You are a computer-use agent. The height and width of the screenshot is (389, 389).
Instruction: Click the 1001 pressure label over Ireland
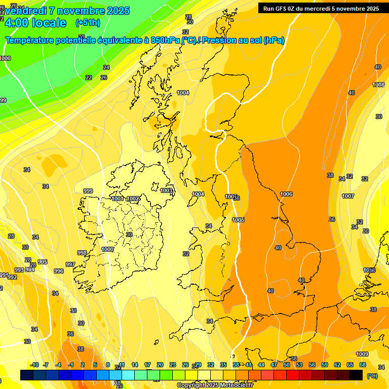pos(118,199)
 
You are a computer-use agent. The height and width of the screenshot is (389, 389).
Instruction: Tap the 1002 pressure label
pos(133,199)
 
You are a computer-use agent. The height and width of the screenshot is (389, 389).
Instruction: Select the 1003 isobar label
pos(166,190)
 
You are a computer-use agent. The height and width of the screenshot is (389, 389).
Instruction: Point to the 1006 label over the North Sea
pos(286,194)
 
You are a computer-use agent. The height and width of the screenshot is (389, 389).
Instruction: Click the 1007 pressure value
pos(348,196)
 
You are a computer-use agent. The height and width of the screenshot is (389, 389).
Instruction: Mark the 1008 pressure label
pos(378,85)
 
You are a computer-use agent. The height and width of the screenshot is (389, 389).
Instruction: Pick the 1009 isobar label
pos(362,354)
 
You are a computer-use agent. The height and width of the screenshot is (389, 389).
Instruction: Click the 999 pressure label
pos(88,191)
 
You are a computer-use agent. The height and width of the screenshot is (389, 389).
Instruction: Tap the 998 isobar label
pos(82,253)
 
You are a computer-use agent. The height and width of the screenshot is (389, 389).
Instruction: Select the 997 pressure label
pos(70,264)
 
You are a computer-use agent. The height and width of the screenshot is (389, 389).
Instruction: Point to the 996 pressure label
pos(59,271)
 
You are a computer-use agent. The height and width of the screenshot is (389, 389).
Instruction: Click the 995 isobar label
pos(43,262)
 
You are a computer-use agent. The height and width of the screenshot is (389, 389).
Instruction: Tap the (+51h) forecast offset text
pos(88,23)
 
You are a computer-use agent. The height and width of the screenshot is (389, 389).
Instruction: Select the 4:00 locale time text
pos(35,23)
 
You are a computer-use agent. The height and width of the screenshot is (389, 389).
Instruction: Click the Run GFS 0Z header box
pos(321,8)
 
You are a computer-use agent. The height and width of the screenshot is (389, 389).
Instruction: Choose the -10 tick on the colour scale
pos(34,365)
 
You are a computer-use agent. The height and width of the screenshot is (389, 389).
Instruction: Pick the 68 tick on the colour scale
pos(362,365)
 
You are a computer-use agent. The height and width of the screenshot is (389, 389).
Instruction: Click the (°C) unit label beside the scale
pos(372,376)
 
